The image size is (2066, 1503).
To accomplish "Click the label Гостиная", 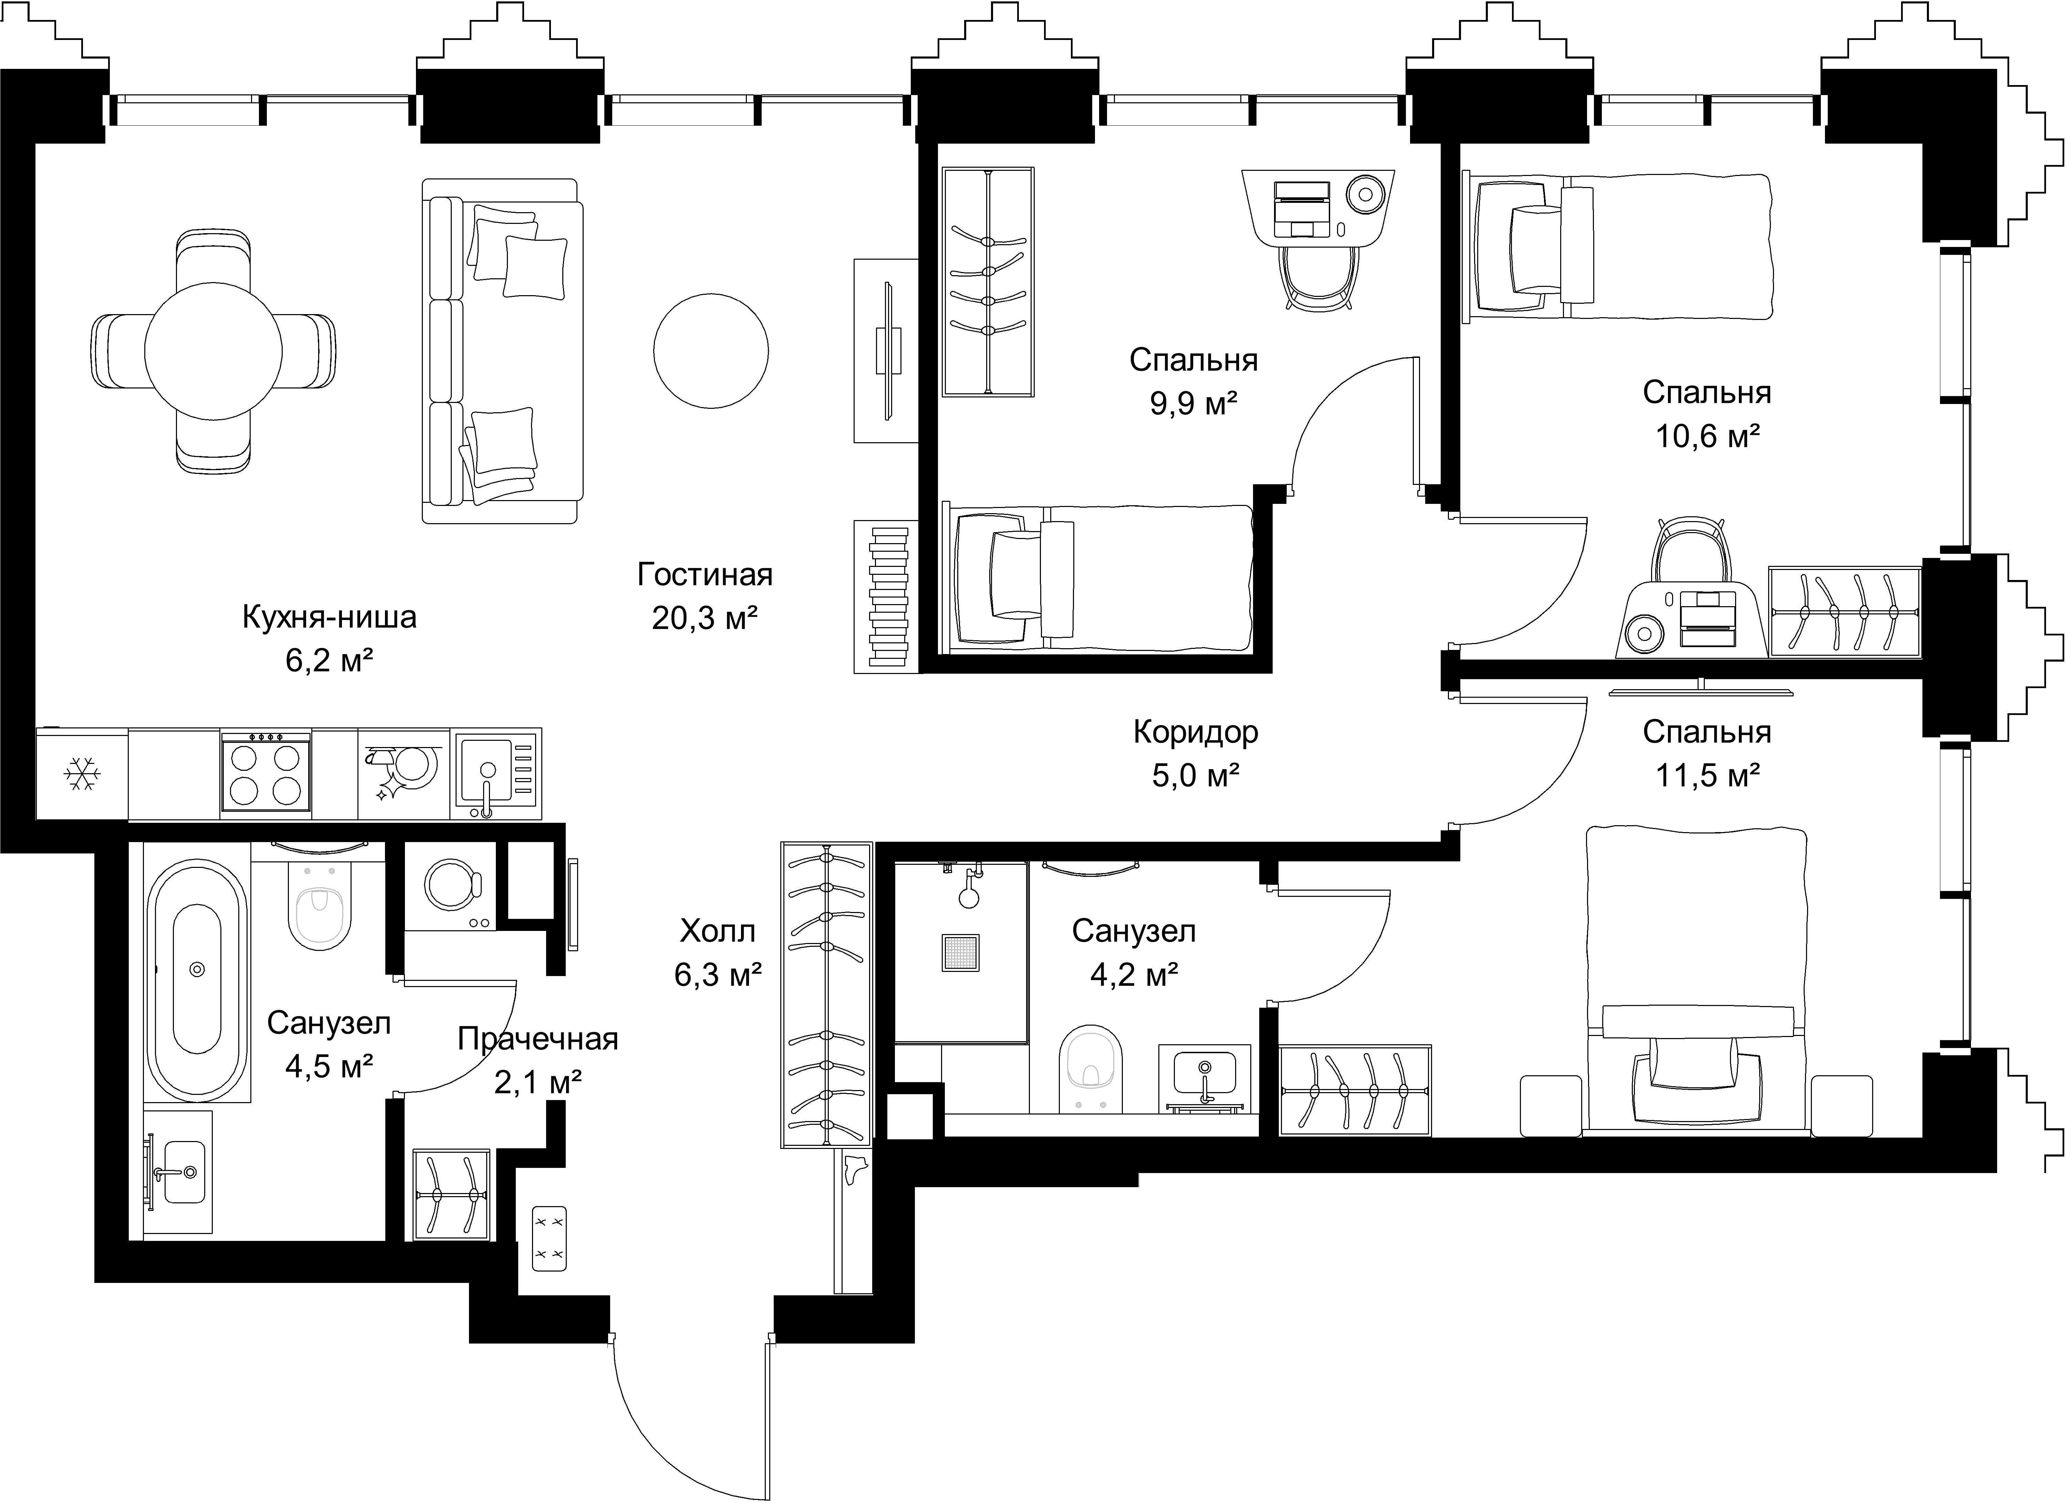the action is pos(705,575).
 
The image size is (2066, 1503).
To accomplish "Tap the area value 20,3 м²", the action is pos(705,619).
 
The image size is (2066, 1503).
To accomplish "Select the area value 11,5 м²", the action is pos(1706,775).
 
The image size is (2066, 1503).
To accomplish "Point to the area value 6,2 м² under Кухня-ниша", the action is pos(330,661).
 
